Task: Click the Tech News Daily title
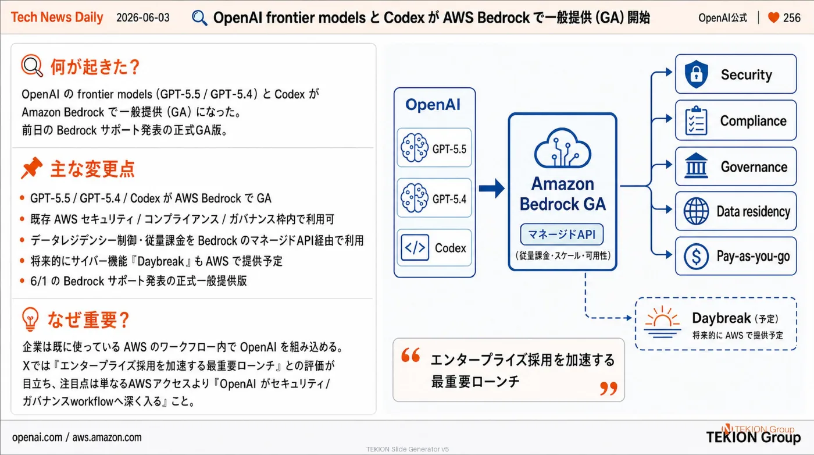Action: pyautogui.click(x=57, y=17)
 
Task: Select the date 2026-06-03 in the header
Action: pyautogui.click(x=143, y=17)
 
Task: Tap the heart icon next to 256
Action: pyautogui.click(x=773, y=17)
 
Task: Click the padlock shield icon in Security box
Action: pyautogui.click(x=696, y=74)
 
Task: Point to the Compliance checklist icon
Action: pyautogui.click(x=696, y=120)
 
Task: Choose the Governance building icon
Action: pyautogui.click(x=696, y=166)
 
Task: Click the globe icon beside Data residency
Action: pyautogui.click(x=696, y=211)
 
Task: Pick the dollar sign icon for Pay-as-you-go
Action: pyautogui.click(x=696, y=256)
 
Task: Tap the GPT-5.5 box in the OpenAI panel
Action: pyautogui.click(x=434, y=148)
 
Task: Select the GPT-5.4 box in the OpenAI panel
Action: pyautogui.click(x=434, y=198)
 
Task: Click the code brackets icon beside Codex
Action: pyautogui.click(x=415, y=247)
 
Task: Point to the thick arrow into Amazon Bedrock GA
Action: pyautogui.click(x=492, y=188)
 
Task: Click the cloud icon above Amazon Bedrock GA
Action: pyautogui.click(x=562, y=148)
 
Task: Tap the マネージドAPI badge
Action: pyautogui.click(x=562, y=234)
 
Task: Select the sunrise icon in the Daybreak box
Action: pyautogui.click(x=662, y=322)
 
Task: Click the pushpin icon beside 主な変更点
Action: pyautogui.click(x=31, y=168)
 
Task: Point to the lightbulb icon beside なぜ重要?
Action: pyautogui.click(x=30, y=319)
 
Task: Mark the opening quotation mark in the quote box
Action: pyautogui.click(x=410, y=355)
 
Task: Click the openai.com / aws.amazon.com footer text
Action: pyautogui.click(x=77, y=437)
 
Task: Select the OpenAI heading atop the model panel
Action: pyautogui.click(x=433, y=104)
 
